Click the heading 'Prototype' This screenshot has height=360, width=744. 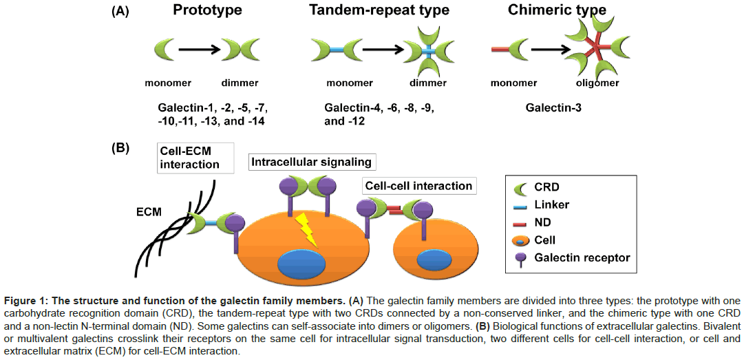click(x=206, y=10)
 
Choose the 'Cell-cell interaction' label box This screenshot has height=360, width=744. click(x=418, y=186)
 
